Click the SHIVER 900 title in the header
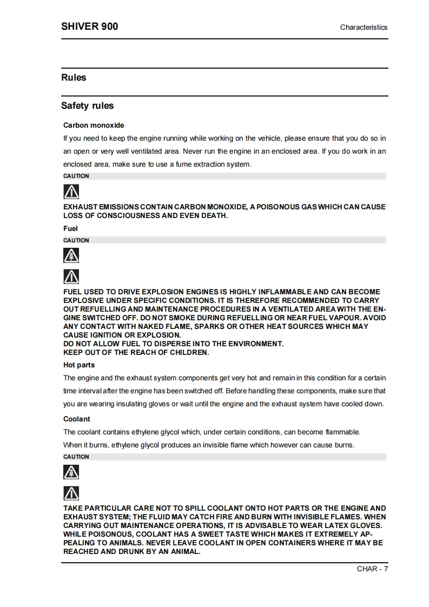(x=89, y=27)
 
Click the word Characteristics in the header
(x=364, y=27)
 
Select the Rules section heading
(x=74, y=77)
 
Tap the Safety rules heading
(x=87, y=105)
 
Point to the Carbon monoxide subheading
(x=94, y=125)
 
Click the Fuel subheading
(x=70, y=228)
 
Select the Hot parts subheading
(x=79, y=365)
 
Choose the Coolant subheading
(x=77, y=419)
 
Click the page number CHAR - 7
(x=372, y=568)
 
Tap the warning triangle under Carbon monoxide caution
(x=71, y=192)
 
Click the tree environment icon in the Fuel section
(x=71, y=256)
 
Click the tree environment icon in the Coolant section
(x=71, y=472)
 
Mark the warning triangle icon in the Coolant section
(x=71, y=493)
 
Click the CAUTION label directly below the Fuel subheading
(x=76, y=240)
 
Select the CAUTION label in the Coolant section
(x=76, y=457)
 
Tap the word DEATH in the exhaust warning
(x=213, y=216)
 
